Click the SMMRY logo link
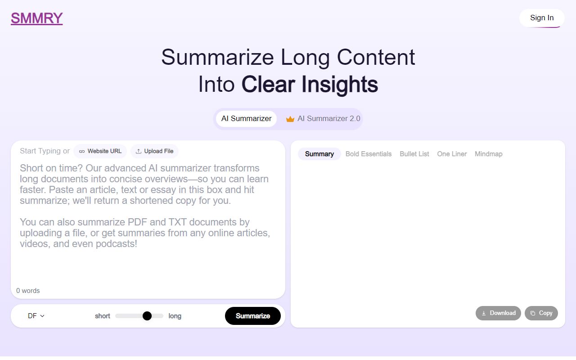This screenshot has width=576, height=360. pos(36,18)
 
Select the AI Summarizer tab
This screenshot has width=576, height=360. pos(246,119)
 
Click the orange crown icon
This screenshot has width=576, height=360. pos(290,119)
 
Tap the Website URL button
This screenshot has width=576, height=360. pos(100,151)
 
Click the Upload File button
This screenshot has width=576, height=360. pos(154,151)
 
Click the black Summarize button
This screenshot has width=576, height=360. pos(252,316)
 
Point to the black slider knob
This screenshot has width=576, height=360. pos(147,316)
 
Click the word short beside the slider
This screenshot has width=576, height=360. pos(102,316)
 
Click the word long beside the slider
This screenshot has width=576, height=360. pos(175,316)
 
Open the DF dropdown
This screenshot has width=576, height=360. pos(36,316)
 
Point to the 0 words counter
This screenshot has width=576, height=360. pos(28,291)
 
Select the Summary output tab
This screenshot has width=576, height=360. pos(319,154)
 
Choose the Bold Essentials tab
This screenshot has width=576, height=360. pos(369,154)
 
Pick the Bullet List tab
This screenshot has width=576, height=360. pos(414,154)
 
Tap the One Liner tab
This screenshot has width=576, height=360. pos(452,154)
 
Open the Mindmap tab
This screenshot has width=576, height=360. pos(488,154)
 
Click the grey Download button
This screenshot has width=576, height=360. pos(498,313)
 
